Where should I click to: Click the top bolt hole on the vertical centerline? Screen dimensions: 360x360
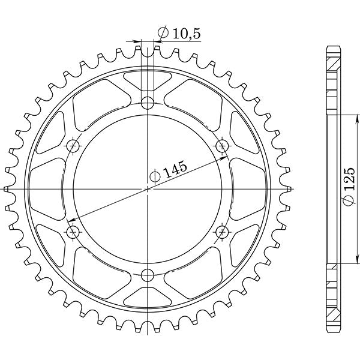(148, 101)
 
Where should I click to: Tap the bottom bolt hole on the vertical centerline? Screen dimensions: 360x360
(148, 276)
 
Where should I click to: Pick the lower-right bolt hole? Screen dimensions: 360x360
(223, 232)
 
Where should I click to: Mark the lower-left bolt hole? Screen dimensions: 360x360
(73, 232)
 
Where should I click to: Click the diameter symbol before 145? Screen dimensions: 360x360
(155, 176)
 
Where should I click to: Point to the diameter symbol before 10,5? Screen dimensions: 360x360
(163, 34)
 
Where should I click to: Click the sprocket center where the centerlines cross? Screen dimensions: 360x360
(148, 188)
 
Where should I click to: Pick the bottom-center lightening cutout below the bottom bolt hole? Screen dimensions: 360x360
(148, 299)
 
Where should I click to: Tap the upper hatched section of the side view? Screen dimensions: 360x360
(332, 78)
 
